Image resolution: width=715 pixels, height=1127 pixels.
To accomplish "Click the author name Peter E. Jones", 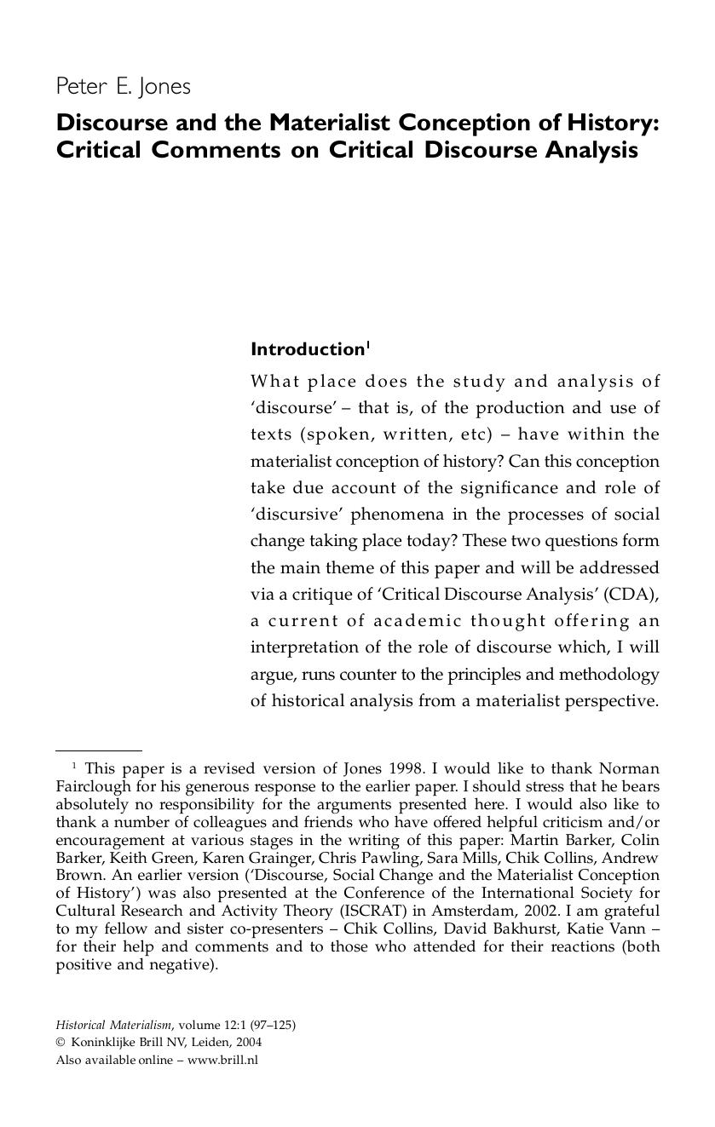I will (124, 87).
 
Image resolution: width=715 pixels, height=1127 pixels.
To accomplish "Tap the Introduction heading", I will (307, 349).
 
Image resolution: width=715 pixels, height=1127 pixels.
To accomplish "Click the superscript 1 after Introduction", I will (367, 345).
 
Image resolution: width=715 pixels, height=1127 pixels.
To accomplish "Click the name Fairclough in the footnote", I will (91, 786).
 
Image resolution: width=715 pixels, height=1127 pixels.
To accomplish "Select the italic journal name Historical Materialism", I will (113, 1025).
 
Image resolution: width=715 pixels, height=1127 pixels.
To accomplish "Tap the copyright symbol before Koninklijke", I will (61, 1043).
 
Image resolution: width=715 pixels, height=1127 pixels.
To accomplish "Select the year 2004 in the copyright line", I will (249, 1043).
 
